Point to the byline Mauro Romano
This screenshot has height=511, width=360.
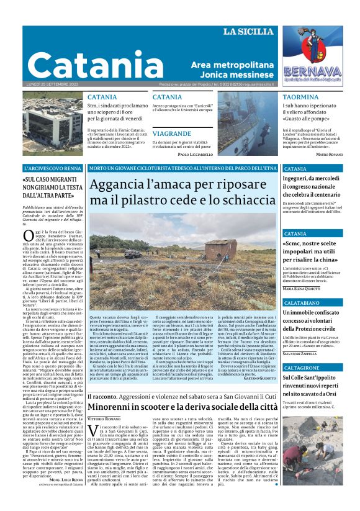pyautogui.click(x=329, y=153)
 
